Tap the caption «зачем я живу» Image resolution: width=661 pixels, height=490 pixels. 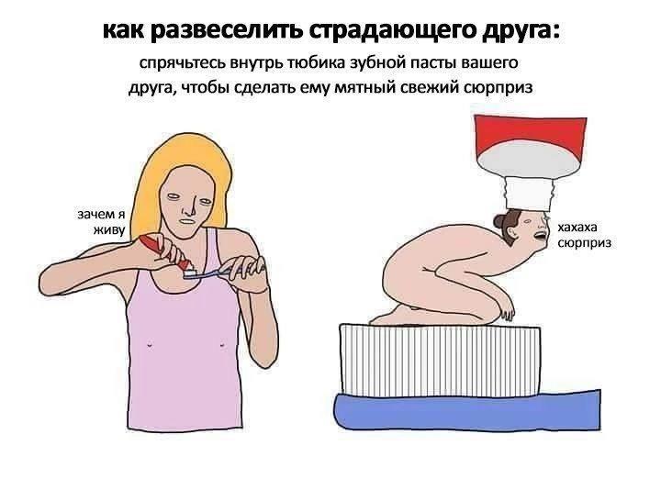coord(102,222)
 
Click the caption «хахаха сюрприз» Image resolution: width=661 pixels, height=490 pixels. coord(584,235)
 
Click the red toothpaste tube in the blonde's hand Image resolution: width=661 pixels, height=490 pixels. coord(165,252)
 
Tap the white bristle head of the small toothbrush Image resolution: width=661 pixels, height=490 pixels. coord(191,273)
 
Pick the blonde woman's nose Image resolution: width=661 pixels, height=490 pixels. coord(192,205)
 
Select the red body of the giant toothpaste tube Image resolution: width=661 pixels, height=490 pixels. coord(530,133)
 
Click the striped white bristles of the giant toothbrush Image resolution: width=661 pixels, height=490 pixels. coord(440,361)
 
